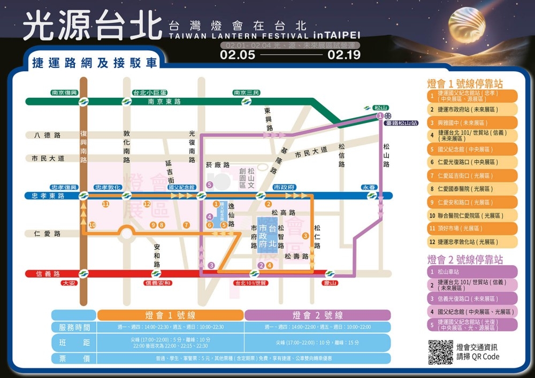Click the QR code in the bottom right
coord(440,352)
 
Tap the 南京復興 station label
coord(66,92)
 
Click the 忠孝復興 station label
coord(64,187)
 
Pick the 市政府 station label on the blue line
coord(284,187)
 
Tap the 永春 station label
coord(371,187)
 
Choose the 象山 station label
coord(331,283)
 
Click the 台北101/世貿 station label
coord(251,283)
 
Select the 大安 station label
coord(69,283)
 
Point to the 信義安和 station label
coord(158,283)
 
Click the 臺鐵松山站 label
coord(401,123)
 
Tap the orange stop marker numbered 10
coord(93,225)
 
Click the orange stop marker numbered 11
coord(105,204)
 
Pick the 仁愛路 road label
coord(47,234)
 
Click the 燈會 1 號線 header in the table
coord(170,315)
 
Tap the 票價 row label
coord(74,358)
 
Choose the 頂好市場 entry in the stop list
coord(471,229)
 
